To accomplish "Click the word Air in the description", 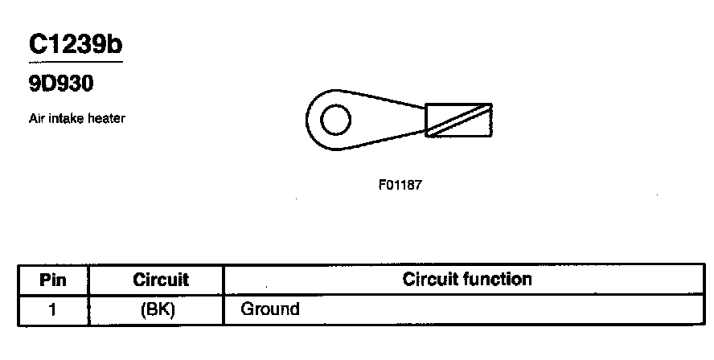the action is pos(36,119).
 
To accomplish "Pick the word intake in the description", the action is pos(65,119).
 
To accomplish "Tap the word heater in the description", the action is pos(105,119).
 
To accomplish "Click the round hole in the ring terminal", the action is pos(335,121).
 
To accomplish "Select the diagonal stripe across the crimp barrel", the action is pos(458,120).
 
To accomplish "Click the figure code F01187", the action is pos(400,184).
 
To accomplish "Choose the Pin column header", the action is pos(52,280).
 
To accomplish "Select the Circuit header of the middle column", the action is pos(160,280).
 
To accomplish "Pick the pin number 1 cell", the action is pos(52,309).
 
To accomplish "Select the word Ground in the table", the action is pos(270,309).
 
